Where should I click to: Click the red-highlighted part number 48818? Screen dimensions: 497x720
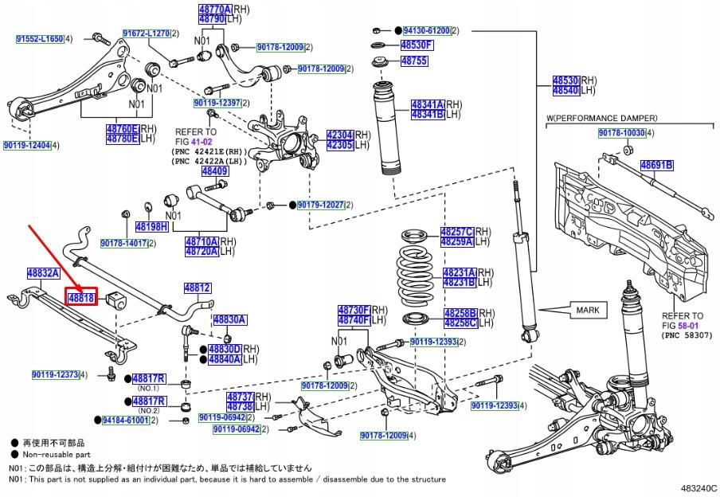point(81,298)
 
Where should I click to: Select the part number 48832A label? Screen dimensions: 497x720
point(44,272)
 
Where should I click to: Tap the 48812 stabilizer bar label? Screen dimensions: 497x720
point(198,288)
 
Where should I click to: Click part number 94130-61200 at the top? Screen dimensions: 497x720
point(421,30)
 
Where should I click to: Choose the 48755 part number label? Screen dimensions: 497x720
point(414,61)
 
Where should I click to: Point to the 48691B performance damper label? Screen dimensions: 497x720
point(658,166)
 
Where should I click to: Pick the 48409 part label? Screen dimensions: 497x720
point(214,170)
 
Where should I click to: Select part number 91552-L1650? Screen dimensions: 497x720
point(39,38)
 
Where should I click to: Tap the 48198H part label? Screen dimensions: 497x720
point(151,226)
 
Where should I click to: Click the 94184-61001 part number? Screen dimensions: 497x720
point(125,420)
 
